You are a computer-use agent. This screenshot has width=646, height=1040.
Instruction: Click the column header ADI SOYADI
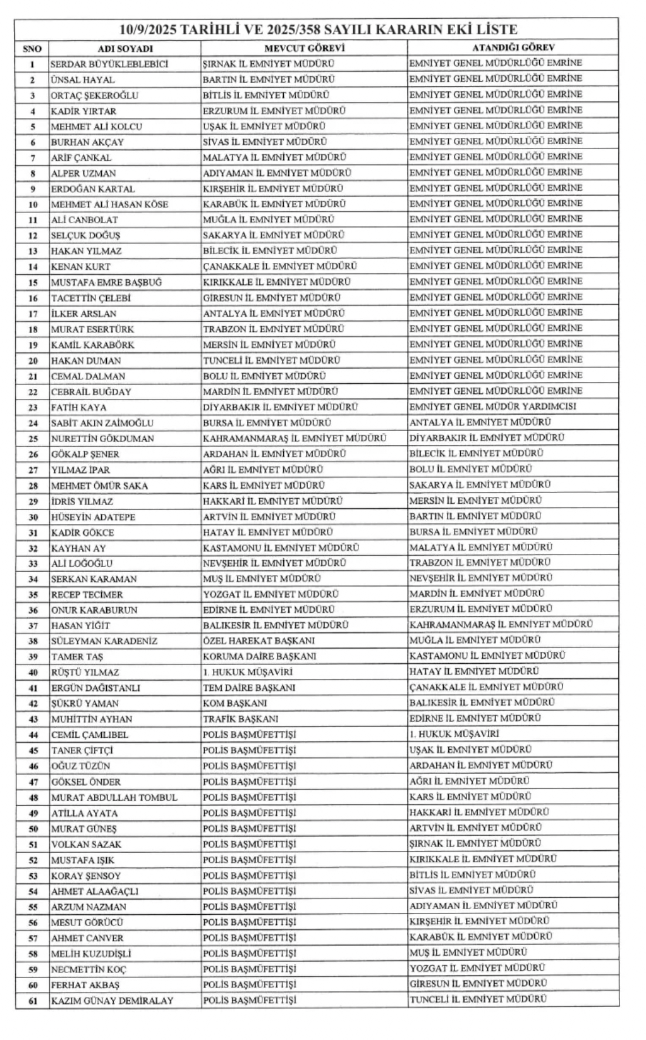(125, 49)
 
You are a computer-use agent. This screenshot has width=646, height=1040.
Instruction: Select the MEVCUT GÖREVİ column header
(304, 48)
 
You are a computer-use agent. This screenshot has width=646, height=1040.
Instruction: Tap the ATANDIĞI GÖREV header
(513, 47)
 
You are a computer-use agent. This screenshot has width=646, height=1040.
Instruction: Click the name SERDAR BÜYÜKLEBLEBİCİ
(109, 64)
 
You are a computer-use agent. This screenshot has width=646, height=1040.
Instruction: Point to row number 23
(33, 408)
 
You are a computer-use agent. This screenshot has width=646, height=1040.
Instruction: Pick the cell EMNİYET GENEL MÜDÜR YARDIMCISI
(492, 407)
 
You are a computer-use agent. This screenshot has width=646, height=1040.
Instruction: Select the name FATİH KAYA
(79, 408)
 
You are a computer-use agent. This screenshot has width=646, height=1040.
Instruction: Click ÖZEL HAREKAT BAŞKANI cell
(259, 640)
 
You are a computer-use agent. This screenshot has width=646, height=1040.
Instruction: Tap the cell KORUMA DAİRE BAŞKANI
(259, 656)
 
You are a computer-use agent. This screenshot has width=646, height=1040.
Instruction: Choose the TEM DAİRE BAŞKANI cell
(249, 687)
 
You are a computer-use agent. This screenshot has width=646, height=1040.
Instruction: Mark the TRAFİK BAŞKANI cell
(240, 719)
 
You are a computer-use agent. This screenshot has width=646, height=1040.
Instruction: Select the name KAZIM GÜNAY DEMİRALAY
(112, 1001)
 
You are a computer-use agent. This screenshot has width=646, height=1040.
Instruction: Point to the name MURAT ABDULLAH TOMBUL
(114, 798)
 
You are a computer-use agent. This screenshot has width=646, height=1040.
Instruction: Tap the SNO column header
(32, 49)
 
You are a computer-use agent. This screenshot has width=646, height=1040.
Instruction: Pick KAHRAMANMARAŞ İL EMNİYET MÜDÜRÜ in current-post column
(294, 438)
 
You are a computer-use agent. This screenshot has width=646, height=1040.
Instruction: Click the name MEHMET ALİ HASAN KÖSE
(109, 204)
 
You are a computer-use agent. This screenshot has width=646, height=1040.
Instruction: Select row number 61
(33, 1001)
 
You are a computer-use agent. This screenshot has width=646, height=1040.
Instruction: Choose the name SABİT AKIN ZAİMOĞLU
(102, 423)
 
